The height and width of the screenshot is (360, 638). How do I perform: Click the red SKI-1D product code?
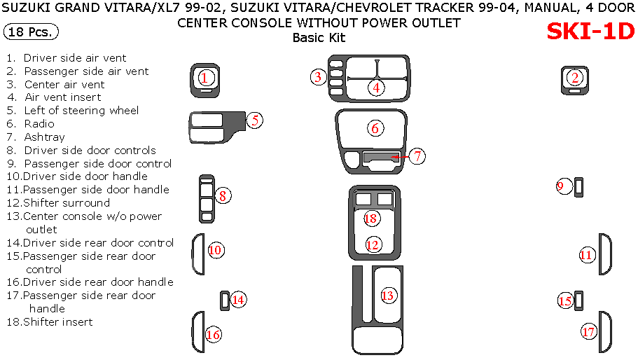(x=590, y=32)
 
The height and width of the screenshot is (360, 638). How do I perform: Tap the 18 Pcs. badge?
(x=31, y=32)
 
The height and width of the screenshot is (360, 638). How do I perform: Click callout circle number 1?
(x=204, y=77)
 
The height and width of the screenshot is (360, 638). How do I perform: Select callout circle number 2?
(x=575, y=78)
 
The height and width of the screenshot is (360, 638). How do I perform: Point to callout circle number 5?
(x=255, y=120)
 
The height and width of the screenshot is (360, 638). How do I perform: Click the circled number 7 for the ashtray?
(x=417, y=156)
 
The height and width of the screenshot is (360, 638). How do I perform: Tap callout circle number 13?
(x=387, y=296)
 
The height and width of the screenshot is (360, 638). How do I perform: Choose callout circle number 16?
(x=213, y=335)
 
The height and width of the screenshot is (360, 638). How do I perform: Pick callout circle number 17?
(x=588, y=331)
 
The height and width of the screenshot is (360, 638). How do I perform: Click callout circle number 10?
(x=215, y=249)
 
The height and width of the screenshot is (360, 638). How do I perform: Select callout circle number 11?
(x=586, y=255)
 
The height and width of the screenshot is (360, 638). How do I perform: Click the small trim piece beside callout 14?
(x=224, y=300)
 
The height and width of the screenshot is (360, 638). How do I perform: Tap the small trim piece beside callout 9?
(x=580, y=187)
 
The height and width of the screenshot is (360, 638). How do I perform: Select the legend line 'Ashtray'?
(x=44, y=137)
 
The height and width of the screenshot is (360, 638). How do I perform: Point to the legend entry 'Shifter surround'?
(x=67, y=203)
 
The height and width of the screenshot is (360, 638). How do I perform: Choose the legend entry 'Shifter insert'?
(x=57, y=322)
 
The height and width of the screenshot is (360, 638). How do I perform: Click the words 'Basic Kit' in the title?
(x=319, y=38)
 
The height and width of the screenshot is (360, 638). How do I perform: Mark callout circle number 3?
(x=318, y=77)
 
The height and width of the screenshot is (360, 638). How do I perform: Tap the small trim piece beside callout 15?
(x=579, y=300)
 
